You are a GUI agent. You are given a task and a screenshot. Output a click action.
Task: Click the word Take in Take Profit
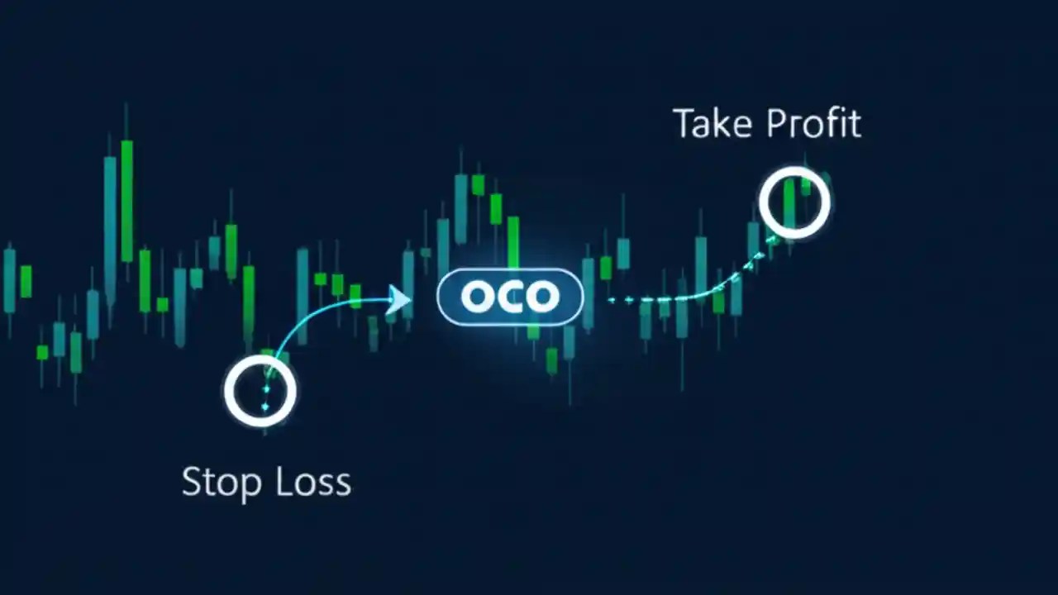(x=713, y=124)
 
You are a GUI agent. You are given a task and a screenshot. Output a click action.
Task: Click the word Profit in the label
(x=813, y=124)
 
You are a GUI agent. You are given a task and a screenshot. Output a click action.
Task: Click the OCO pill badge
(x=510, y=297)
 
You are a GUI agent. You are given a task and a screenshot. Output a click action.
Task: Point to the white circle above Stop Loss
(x=260, y=392)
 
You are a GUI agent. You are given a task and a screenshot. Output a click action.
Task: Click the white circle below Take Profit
(x=794, y=202)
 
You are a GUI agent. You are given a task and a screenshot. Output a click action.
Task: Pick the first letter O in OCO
(x=477, y=297)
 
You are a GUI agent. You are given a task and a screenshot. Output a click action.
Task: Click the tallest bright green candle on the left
(x=126, y=201)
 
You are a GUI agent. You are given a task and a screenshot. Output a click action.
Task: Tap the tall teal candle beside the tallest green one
(x=110, y=219)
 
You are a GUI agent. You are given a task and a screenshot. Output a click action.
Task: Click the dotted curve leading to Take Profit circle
(x=694, y=294)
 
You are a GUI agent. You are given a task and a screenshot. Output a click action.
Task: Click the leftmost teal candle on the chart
(x=9, y=280)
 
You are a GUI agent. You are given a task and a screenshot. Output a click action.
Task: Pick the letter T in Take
(x=684, y=124)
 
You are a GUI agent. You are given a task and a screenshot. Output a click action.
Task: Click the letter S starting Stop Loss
(x=191, y=482)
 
